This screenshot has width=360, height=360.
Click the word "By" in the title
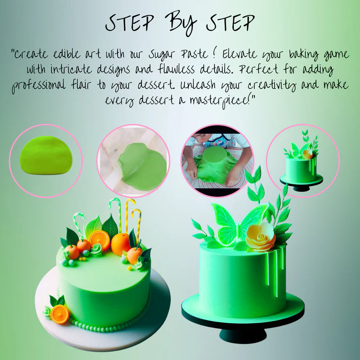click(x=183, y=23)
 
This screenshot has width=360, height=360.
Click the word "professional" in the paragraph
click(x=38, y=85)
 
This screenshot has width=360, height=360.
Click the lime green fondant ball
click(x=46, y=155)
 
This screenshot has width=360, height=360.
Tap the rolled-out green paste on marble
click(x=143, y=166)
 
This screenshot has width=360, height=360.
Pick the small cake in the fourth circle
click(x=301, y=161)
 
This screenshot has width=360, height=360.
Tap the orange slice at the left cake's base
click(x=60, y=314)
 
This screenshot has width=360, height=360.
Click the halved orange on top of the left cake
click(x=99, y=240)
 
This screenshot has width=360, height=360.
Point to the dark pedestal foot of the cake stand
click(x=243, y=336)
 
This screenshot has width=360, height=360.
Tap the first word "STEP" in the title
click(x=130, y=23)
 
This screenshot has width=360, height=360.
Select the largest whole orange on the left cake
click(x=120, y=244)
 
